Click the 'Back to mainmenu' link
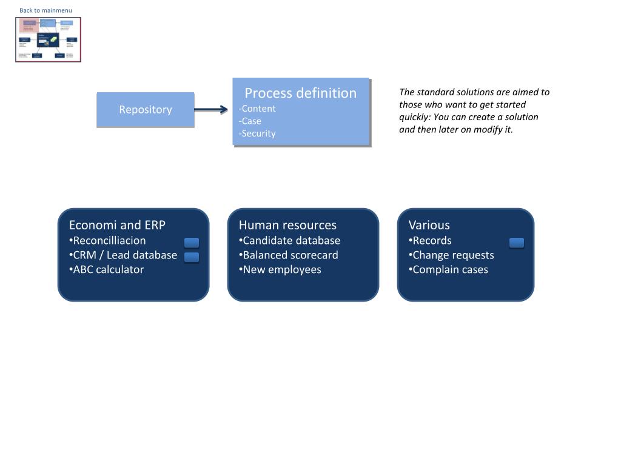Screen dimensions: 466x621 [x=45, y=10]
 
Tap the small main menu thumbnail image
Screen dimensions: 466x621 [x=48, y=39]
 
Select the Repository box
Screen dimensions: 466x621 [x=146, y=110]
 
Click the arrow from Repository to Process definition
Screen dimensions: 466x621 [x=211, y=110]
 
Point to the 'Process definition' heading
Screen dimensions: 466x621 [x=300, y=93]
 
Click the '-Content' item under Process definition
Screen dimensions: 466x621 [x=258, y=109]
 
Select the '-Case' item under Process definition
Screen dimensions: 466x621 [x=250, y=121]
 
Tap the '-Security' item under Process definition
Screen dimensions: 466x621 [x=258, y=133]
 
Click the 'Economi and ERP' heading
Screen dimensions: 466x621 [x=117, y=225]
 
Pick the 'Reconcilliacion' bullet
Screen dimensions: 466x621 [x=109, y=240]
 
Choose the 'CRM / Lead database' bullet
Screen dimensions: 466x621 [x=125, y=255]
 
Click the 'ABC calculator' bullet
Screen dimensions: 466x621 [x=108, y=269]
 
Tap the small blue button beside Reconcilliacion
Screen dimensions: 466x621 [x=192, y=243]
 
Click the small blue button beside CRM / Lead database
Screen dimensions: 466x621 [x=192, y=257]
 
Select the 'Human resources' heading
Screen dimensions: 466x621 [x=287, y=225]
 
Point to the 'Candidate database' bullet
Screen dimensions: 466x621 [x=291, y=240]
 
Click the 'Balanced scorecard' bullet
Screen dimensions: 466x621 [x=290, y=255]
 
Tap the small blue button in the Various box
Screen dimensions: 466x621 [x=517, y=243]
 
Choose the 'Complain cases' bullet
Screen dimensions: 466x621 [x=450, y=269]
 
